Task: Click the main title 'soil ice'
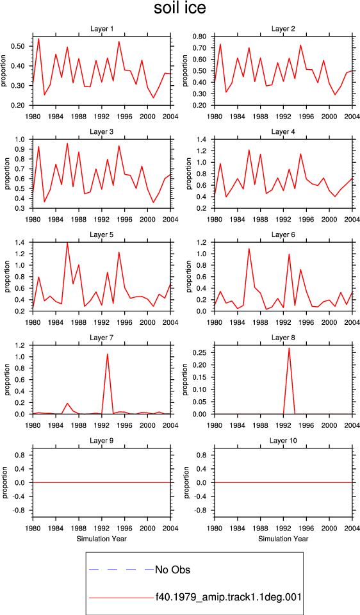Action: (179, 8)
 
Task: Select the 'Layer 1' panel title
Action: (102, 29)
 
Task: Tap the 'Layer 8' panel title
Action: (283, 338)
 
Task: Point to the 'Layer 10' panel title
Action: (283, 441)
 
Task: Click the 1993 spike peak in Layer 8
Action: (289, 348)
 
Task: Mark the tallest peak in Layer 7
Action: (108, 354)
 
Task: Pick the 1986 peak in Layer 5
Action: (67, 243)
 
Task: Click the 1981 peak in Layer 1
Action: (38, 38)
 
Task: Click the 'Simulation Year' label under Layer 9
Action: (102, 539)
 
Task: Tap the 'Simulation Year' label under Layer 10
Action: (283, 539)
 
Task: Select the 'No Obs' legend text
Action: (172, 570)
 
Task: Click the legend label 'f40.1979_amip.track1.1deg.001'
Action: (228, 597)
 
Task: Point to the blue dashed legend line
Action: (122, 570)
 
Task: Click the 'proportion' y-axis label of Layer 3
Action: (6, 174)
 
